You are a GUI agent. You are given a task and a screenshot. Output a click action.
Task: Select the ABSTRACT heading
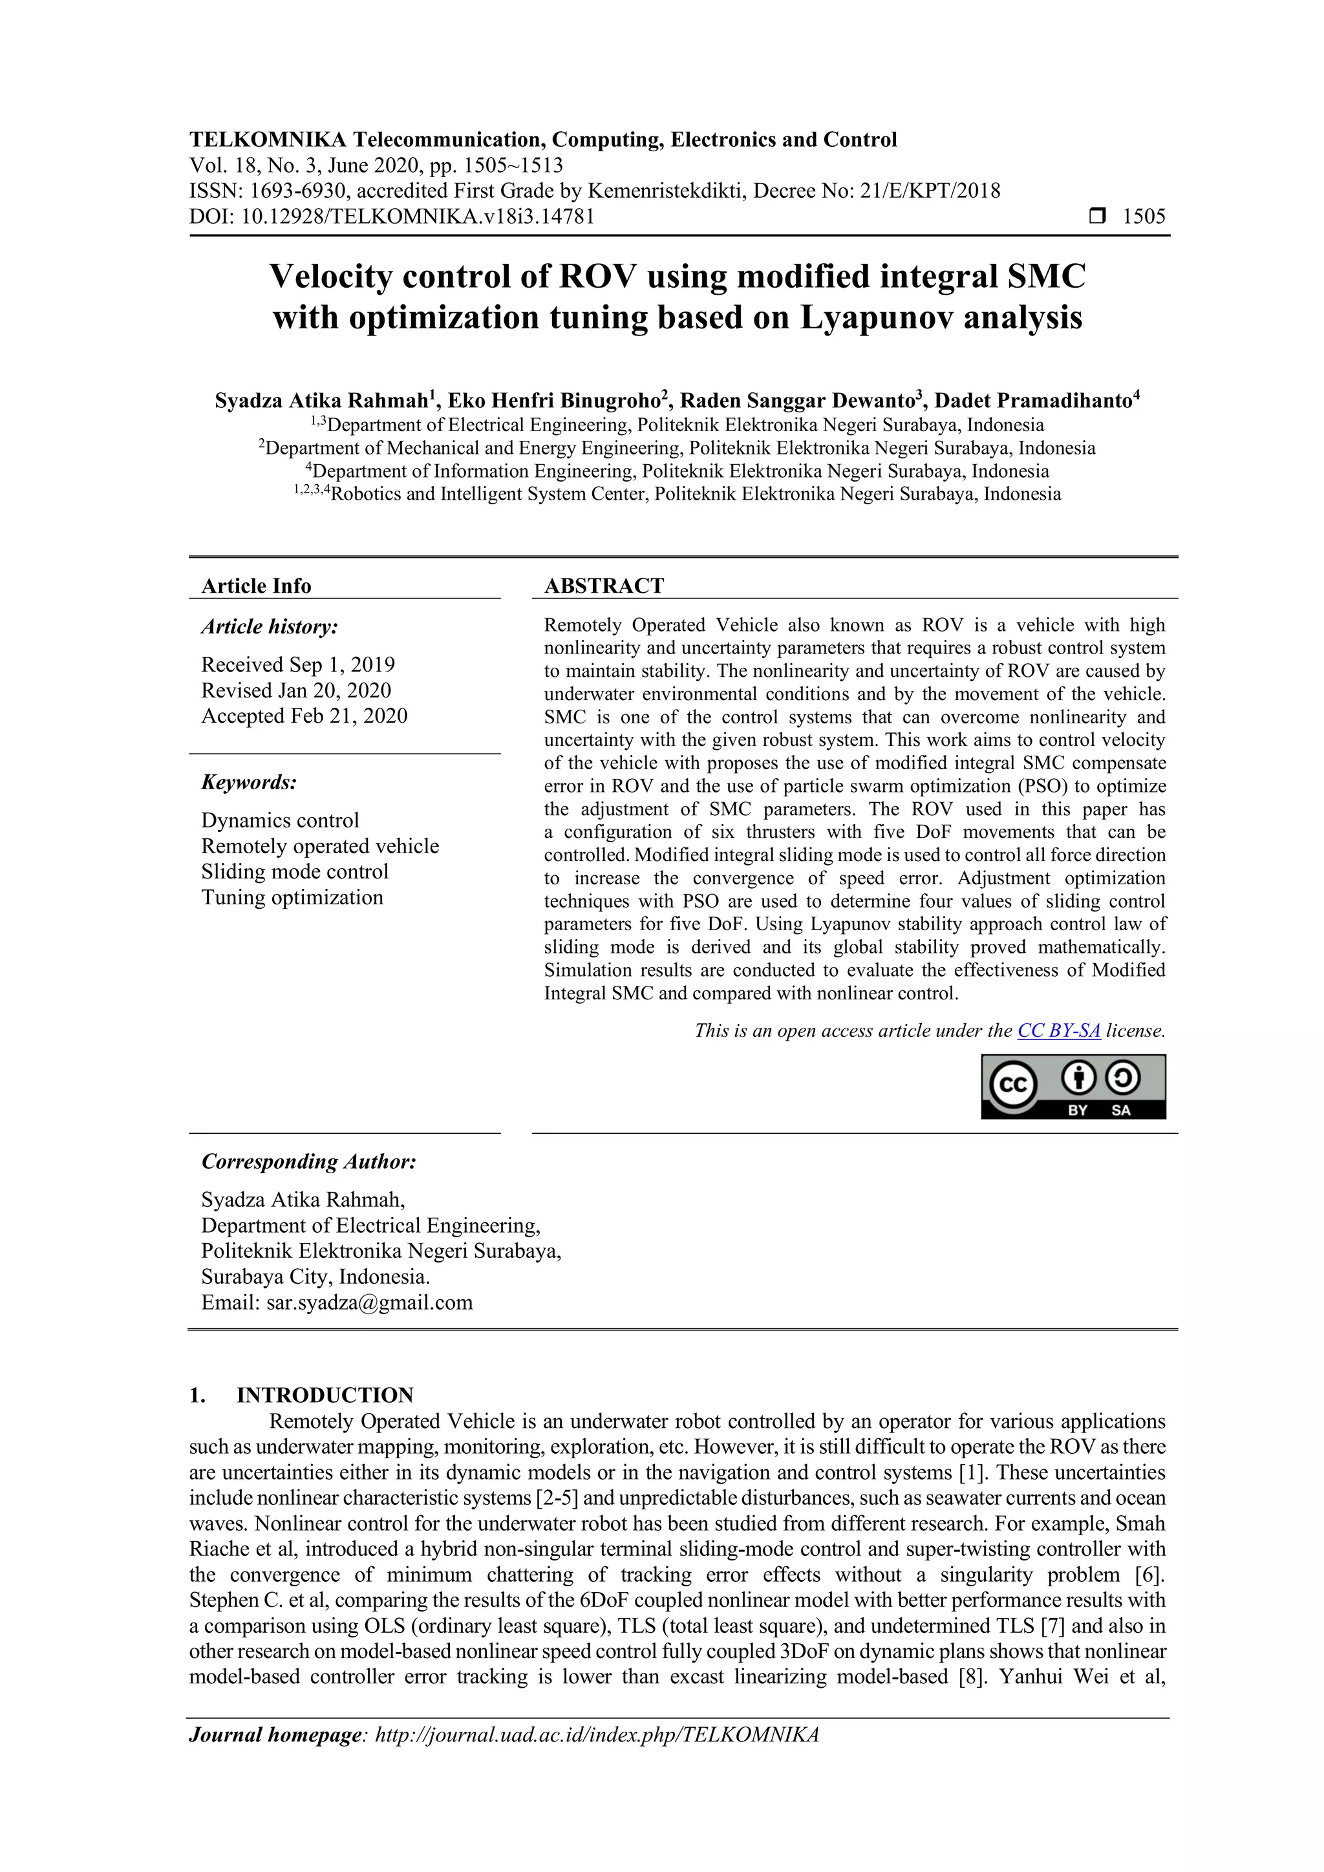click(x=604, y=586)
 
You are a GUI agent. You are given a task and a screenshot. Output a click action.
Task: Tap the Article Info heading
click(x=256, y=586)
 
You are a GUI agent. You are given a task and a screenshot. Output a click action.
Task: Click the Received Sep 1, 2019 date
click(x=299, y=665)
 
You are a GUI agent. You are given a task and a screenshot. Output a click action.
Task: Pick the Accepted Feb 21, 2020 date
click(x=304, y=716)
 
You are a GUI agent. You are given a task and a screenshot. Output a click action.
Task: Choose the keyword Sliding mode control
click(x=295, y=871)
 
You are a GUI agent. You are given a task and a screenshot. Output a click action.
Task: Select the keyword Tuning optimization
click(x=292, y=898)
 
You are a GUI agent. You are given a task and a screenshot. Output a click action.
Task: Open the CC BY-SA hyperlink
click(x=1058, y=1030)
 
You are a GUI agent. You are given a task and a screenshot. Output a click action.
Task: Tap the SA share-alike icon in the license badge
click(x=1123, y=1080)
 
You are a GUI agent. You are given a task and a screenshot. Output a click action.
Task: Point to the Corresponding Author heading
click(x=309, y=1161)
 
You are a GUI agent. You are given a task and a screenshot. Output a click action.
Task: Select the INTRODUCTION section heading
click(x=325, y=1395)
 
